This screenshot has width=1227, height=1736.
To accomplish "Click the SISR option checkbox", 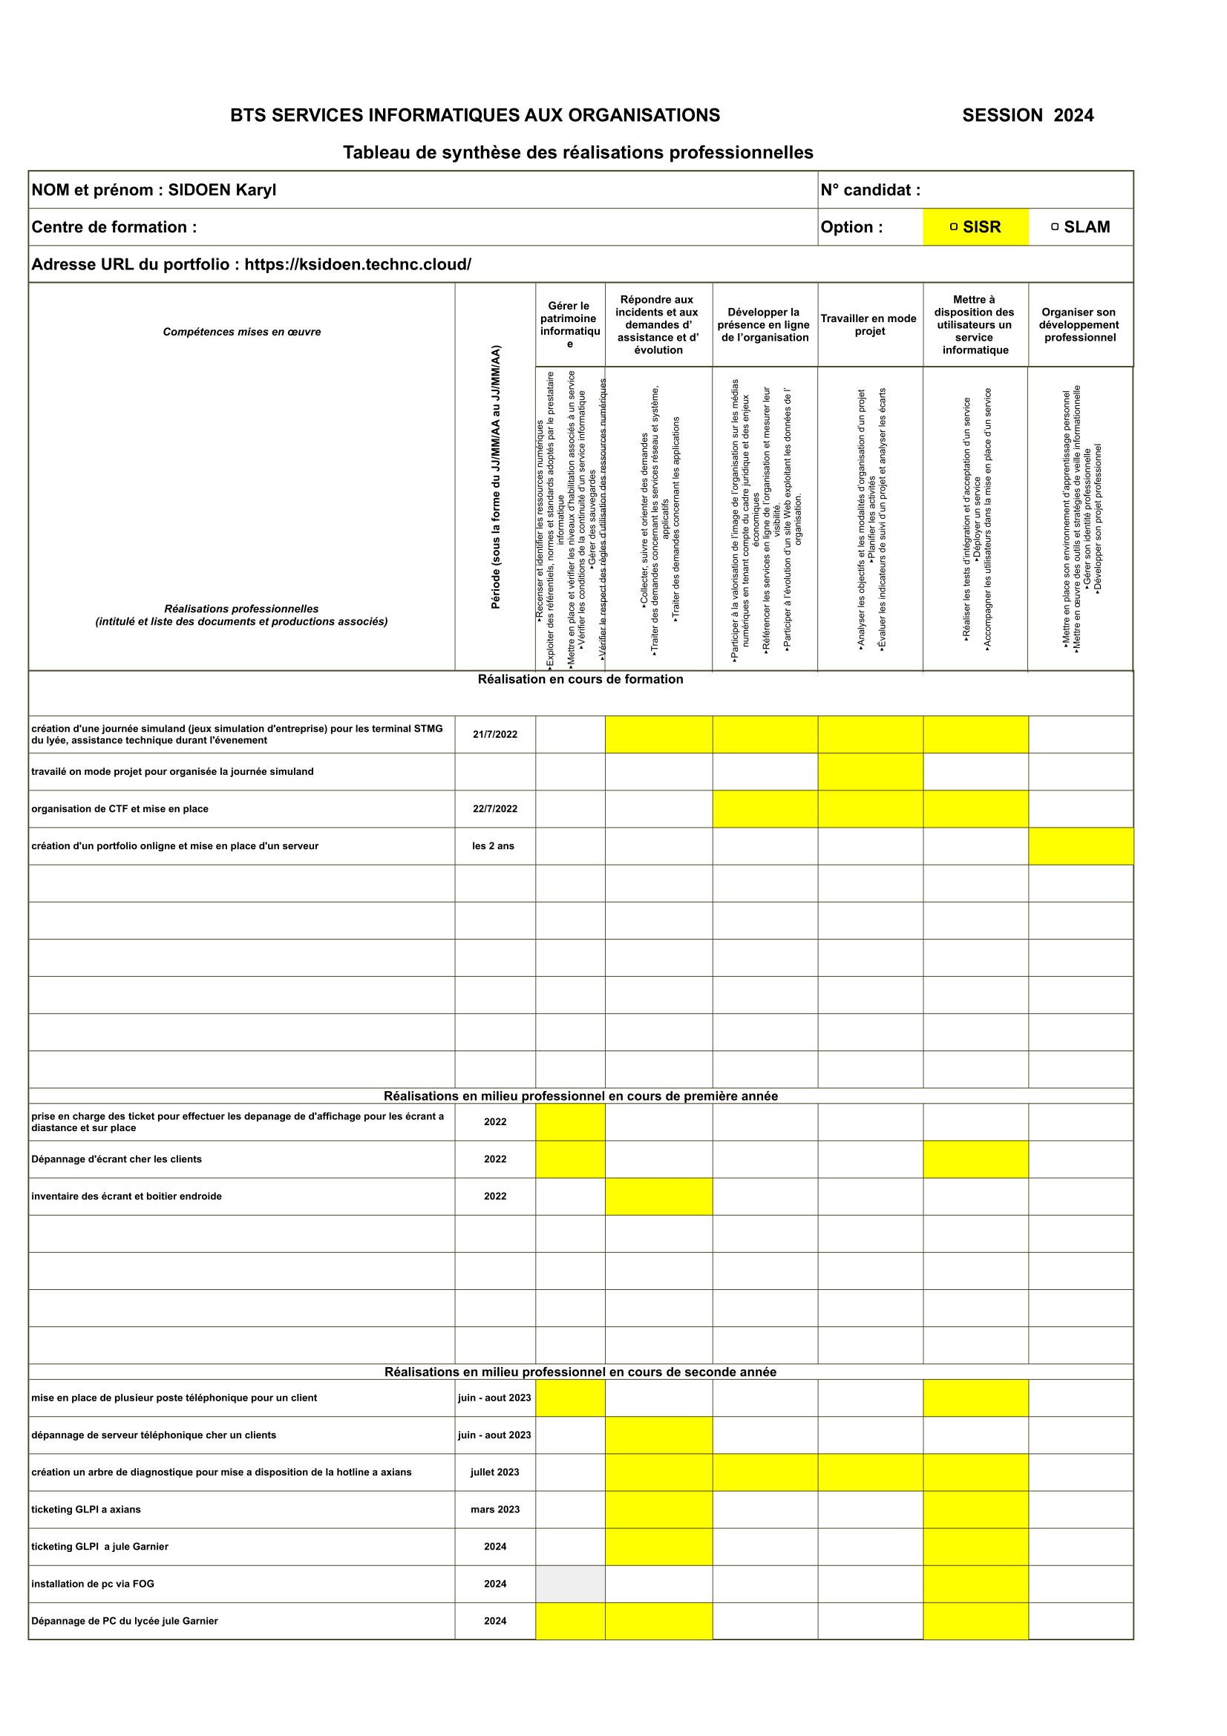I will (x=953, y=227).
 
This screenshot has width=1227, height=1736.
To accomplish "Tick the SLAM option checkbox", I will (x=1055, y=227).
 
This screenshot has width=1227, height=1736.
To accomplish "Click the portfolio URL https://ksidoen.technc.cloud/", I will (x=358, y=265).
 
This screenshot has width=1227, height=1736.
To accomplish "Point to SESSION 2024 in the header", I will (x=1027, y=116).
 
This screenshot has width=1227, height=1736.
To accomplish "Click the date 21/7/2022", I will (x=495, y=734).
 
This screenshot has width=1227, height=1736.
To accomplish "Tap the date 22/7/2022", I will (x=495, y=809).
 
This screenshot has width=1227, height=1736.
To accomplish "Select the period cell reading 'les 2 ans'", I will (x=493, y=846).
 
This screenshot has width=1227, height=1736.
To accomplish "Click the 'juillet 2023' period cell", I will (x=495, y=1472).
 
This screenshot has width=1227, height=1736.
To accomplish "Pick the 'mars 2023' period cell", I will (x=495, y=1509).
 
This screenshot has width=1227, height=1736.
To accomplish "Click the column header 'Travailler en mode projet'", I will (x=869, y=324).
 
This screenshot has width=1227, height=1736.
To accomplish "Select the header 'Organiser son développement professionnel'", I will (x=1079, y=324).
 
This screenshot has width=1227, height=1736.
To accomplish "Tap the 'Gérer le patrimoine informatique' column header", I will (x=570, y=324).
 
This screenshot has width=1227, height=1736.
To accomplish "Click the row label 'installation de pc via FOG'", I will (x=92, y=1583).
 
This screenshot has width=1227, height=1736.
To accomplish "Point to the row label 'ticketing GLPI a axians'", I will (x=85, y=1509).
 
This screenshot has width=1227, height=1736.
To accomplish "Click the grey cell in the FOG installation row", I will (x=570, y=1583).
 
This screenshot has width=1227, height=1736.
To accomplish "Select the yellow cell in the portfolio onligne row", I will (x=1080, y=846).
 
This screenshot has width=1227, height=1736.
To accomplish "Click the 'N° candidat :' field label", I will (x=870, y=190).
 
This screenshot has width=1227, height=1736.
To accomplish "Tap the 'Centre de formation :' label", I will (x=114, y=227).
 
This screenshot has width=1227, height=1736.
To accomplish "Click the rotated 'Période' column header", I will (x=496, y=476).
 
